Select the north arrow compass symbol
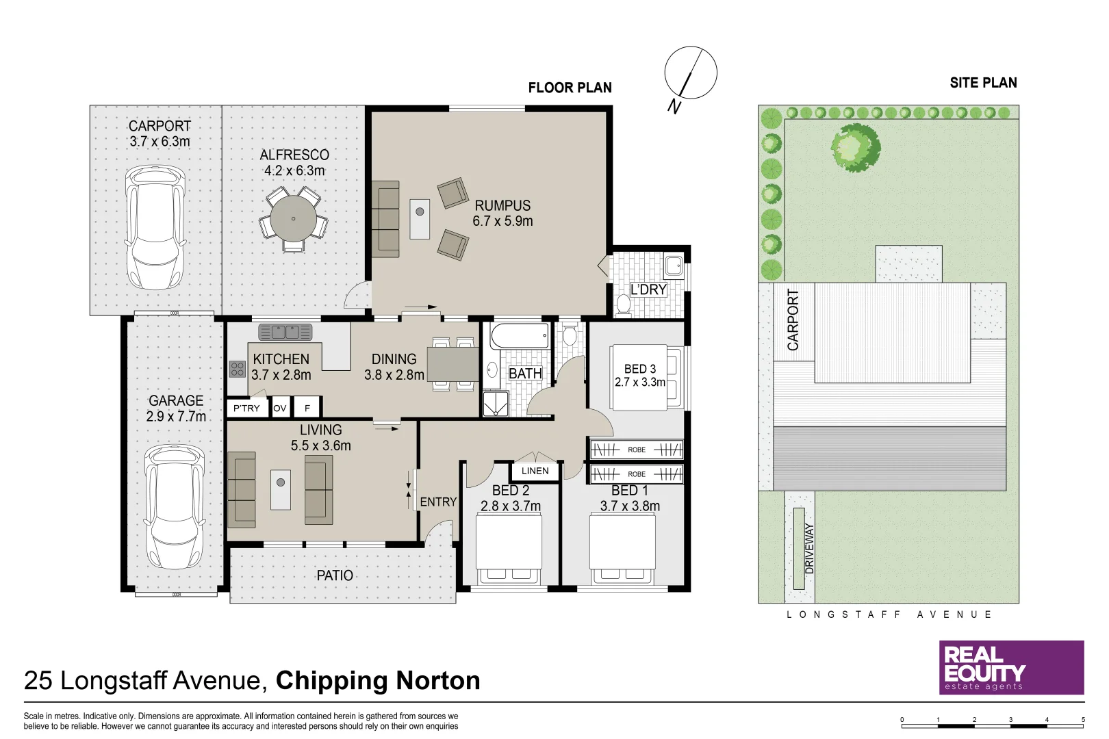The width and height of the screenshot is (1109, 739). tap(690, 73)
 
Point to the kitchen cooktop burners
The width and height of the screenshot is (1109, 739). tap(238, 369)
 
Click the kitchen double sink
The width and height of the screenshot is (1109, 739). tap(285, 333)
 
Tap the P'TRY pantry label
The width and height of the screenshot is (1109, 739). tap(246, 408)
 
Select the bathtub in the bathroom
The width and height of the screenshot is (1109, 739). tap(520, 336)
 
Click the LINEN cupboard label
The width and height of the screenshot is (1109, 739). tap(535, 471)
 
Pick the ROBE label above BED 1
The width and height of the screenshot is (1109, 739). tap(637, 474)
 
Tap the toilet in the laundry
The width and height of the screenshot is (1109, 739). tap(623, 304)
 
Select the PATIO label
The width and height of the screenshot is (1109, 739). tap(335, 575)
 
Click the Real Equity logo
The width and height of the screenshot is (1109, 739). tap(1011, 667)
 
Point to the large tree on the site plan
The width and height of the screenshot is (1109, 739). tap(854, 147)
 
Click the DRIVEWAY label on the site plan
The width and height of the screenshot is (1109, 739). tap(810, 548)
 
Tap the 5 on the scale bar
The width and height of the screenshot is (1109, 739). tap(1083, 719)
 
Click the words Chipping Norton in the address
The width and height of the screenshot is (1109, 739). tap(378, 680)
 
